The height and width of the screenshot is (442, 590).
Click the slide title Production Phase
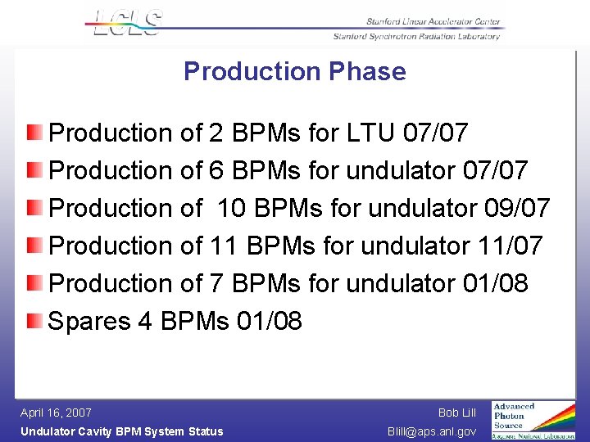tap(294, 71)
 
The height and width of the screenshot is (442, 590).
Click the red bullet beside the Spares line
tap(31, 321)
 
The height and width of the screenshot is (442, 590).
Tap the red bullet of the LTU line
tap(31, 132)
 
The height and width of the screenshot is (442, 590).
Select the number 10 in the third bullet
tap(231, 208)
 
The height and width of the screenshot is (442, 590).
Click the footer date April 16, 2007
tap(56, 413)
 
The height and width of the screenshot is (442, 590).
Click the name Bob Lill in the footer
tap(456, 413)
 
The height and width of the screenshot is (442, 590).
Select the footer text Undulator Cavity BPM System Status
tap(121, 431)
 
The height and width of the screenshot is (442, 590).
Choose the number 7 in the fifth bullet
tap(217, 283)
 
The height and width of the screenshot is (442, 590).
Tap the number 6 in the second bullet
tap(217, 170)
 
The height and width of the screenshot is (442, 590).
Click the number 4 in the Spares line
tap(146, 321)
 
